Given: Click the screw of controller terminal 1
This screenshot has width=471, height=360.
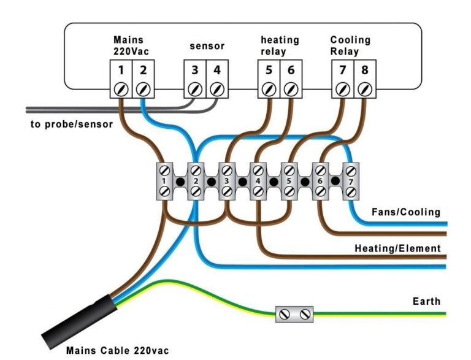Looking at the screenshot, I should (121, 89).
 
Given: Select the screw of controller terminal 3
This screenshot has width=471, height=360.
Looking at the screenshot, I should (195, 89).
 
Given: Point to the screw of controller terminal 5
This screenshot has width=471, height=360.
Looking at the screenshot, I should (269, 89).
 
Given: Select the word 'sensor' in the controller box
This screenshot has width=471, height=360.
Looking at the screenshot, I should (207, 46).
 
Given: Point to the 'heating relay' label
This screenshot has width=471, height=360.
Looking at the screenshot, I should (279, 45).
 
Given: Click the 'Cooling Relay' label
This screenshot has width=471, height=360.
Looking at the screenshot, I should (350, 45).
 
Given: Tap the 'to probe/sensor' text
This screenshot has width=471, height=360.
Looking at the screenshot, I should (72, 124).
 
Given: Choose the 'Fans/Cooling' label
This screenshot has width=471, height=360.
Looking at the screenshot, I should (406, 212).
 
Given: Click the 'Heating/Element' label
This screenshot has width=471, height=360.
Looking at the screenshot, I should (397, 248).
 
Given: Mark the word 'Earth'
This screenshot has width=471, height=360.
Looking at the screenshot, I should (426, 301).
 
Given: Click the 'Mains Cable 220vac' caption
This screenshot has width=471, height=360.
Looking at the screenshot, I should (117, 351).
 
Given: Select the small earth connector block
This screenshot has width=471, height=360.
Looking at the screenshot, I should (294, 314).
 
